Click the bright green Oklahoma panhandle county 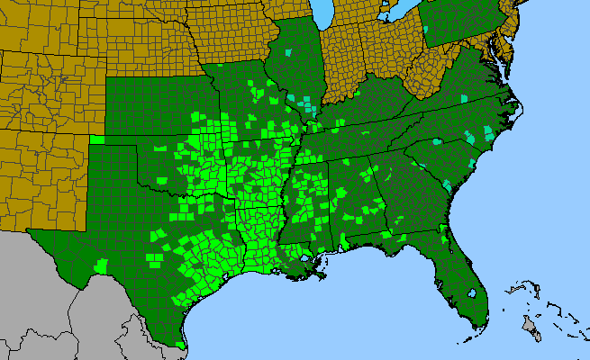coord(96,139)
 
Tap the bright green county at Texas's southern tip coord(182,343)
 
